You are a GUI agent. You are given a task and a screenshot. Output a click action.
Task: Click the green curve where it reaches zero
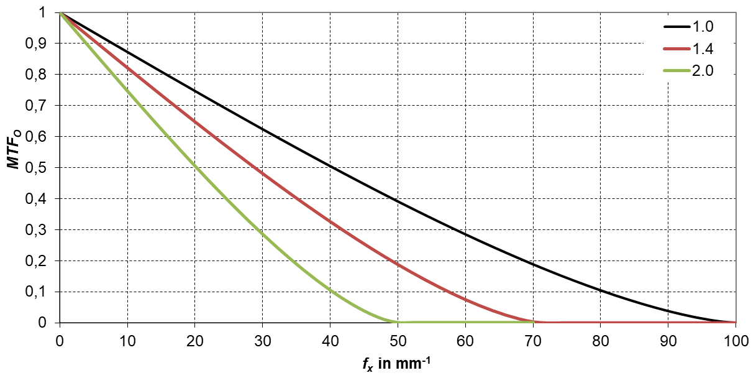click(x=398, y=322)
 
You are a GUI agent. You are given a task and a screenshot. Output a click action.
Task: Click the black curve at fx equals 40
click(x=330, y=165)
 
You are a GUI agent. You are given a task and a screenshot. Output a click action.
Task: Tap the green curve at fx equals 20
click(x=194, y=166)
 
